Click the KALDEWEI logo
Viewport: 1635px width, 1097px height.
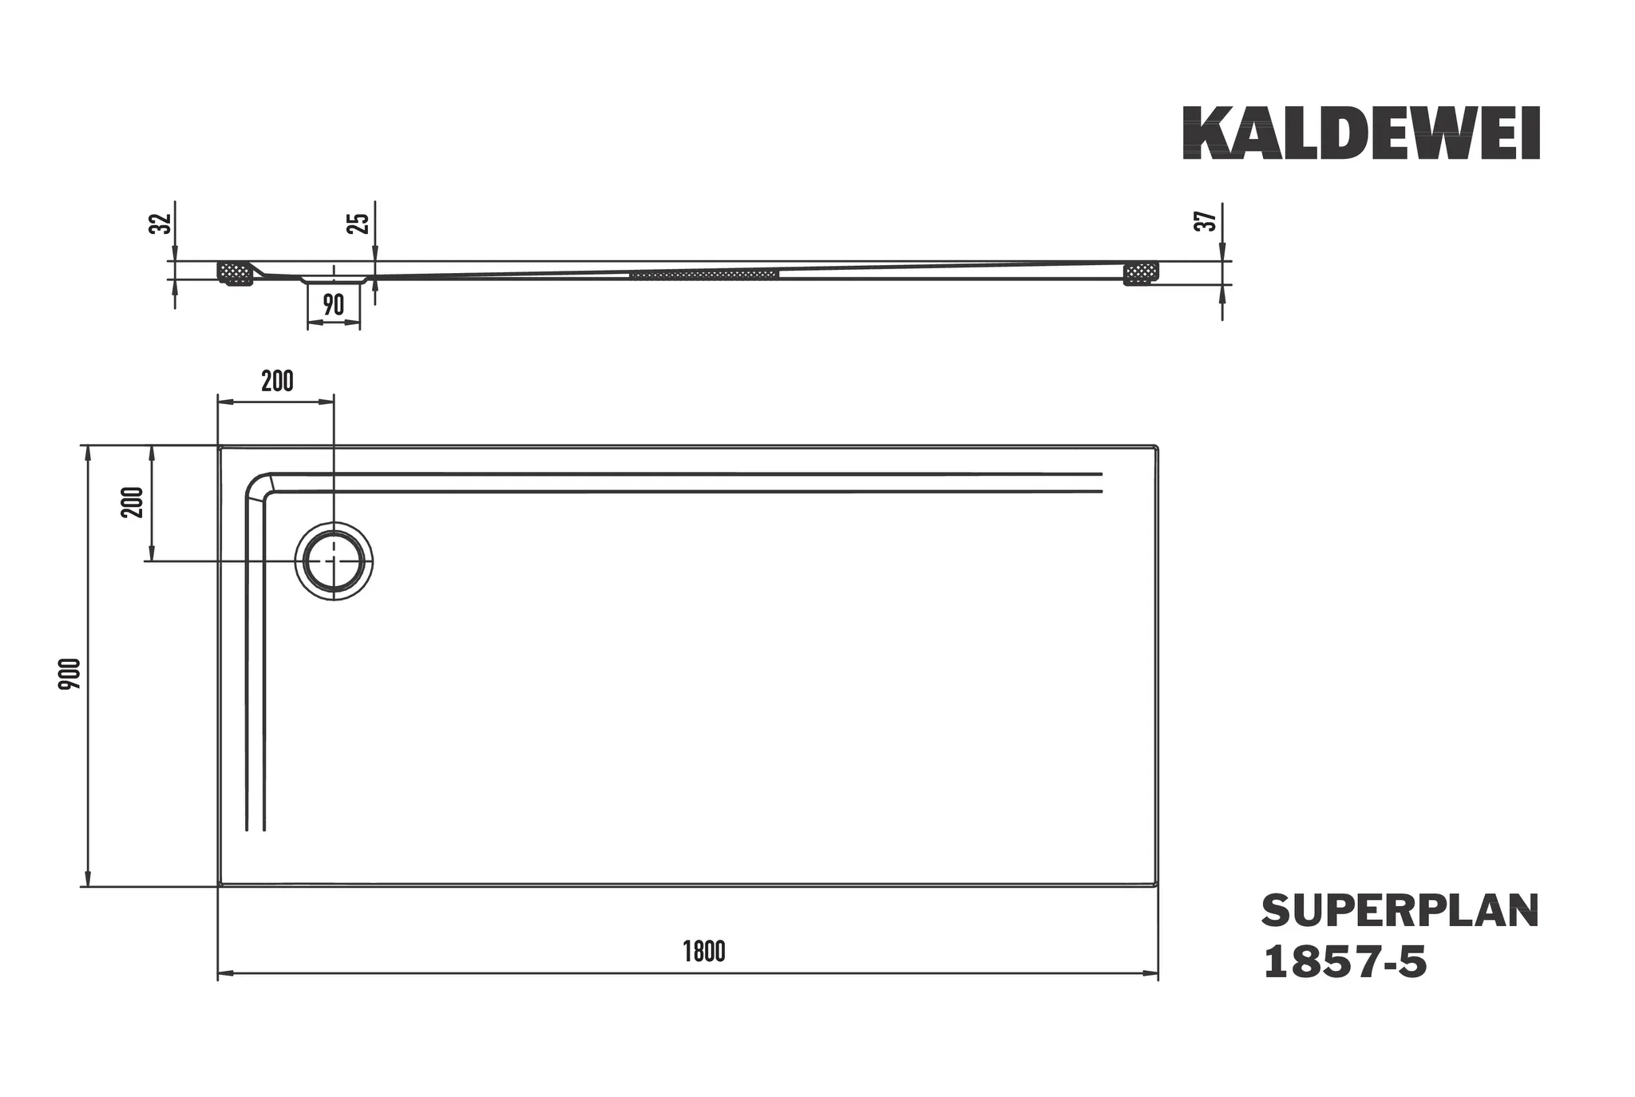point(1360,133)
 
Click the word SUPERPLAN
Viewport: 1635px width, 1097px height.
point(1399,912)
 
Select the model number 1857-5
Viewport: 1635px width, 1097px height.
point(1345,963)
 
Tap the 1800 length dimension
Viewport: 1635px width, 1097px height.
point(704,952)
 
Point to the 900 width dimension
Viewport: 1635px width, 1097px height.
point(71,673)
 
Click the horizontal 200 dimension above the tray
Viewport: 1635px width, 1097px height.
point(277,382)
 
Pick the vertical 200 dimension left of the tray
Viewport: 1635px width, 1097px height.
point(133,502)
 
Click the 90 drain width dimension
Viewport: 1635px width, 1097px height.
point(334,305)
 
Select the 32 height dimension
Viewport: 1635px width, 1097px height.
point(161,223)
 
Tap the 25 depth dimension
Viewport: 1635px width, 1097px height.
point(361,223)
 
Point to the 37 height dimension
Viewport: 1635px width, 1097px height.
point(1208,220)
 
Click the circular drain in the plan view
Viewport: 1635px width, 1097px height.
point(334,561)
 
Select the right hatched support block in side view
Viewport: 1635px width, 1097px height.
point(1140,273)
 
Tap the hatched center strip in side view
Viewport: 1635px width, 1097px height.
point(703,275)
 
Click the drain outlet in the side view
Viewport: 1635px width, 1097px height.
point(334,280)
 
